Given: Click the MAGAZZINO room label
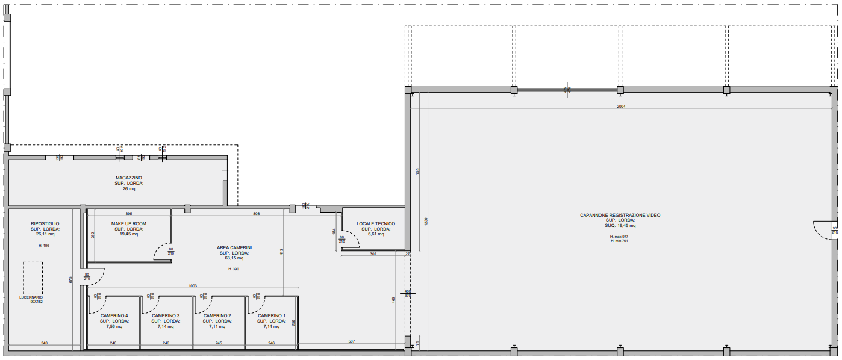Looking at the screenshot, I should (x=129, y=178).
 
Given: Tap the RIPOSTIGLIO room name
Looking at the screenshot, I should (x=45, y=223).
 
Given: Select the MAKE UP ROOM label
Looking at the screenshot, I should (x=128, y=223).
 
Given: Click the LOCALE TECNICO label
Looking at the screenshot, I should (x=376, y=224).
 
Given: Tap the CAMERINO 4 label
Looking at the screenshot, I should (x=114, y=315).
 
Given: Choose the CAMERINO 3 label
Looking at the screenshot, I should (x=166, y=315).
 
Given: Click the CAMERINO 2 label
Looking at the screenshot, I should (x=217, y=315).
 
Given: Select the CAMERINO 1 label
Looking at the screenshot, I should (x=272, y=315).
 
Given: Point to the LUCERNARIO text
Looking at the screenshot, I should (x=33, y=297).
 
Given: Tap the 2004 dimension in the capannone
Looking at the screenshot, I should (x=622, y=107).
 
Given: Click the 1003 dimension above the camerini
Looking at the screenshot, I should (x=193, y=286).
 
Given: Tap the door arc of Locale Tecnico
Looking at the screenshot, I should (x=353, y=241).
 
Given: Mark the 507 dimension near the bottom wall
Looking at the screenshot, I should (x=351, y=341).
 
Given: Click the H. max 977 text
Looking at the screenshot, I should (x=619, y=237).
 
